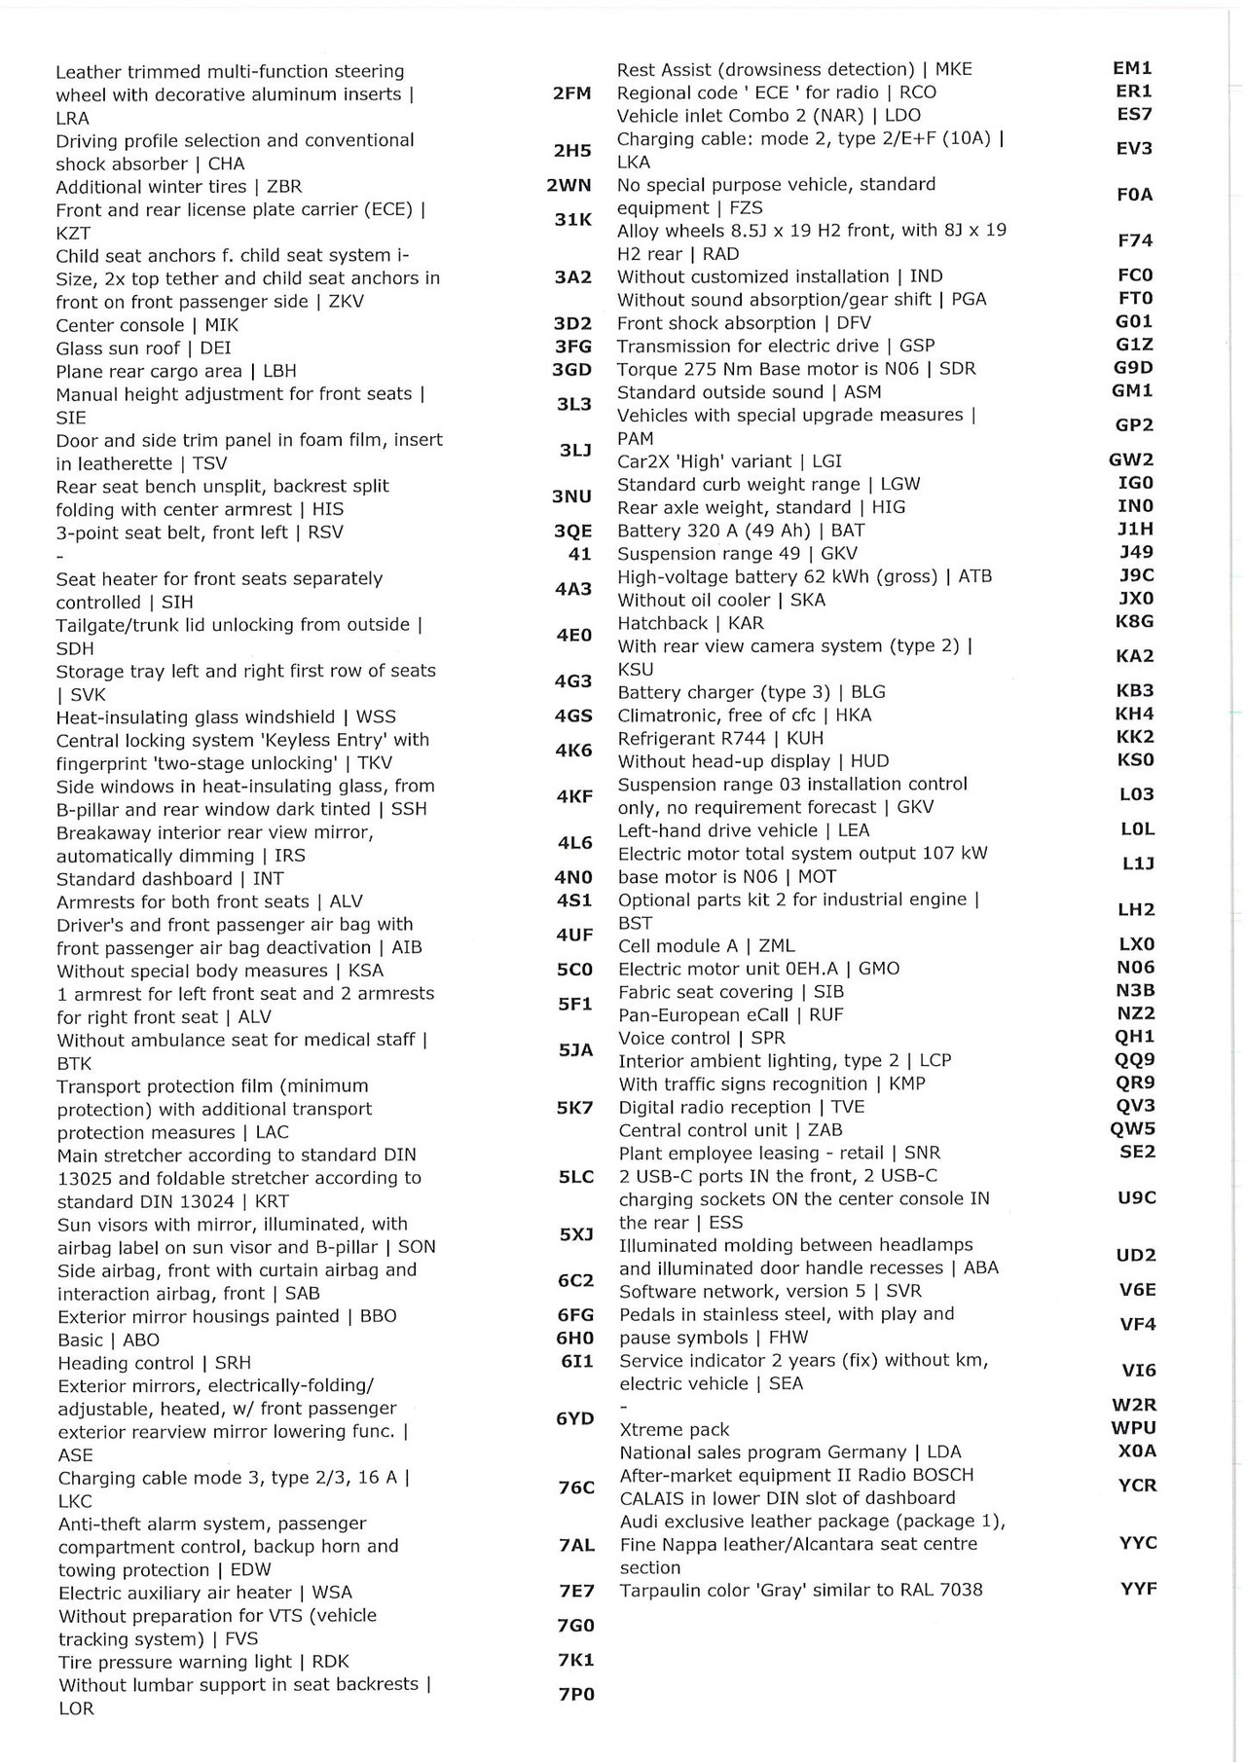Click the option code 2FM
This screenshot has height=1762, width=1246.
(571, 93)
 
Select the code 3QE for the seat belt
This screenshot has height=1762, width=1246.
(572, 532)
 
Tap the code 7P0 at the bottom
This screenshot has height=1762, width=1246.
(575, 1694)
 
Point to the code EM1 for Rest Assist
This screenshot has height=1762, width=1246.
(1132, 68)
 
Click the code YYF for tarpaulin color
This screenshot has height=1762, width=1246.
(1138, 1589)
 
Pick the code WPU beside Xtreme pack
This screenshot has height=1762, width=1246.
(1134, 1428)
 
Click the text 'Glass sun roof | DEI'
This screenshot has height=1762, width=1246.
(143, 348)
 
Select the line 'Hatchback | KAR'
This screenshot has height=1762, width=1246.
(690, 623)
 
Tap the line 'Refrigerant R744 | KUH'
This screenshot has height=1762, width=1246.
(720, 738)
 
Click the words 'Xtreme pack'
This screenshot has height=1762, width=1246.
(675, 1429)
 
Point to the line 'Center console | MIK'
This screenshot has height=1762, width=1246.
(147, 325)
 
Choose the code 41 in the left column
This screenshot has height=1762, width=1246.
(579, 554)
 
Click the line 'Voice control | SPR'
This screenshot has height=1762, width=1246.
(701, 1038)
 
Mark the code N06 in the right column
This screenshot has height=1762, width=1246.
(1135, 967)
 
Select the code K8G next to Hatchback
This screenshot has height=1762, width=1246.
(1134, 621)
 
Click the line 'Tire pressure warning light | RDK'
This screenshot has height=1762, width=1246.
(203, 1662)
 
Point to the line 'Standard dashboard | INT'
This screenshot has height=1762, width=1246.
(169, 878)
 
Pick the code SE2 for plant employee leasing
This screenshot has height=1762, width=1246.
(1137, 1152)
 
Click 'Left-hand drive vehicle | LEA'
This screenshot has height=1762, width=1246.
(744, 830)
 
